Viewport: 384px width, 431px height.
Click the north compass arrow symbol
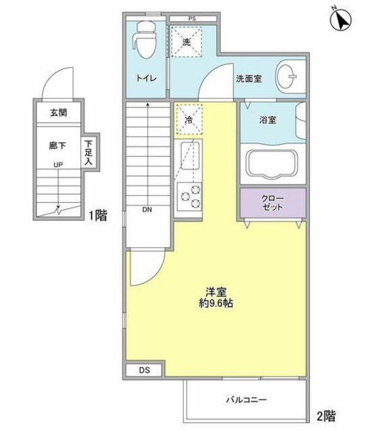tap(341, 20)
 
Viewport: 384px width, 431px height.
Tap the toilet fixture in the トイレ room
tap(144, 40)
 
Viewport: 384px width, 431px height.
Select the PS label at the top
tap(192, 19)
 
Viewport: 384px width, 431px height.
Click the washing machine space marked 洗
tap(187, 42)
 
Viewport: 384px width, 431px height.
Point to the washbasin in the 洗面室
tap(286, 77)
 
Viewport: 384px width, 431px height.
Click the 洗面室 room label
tap(249, 79)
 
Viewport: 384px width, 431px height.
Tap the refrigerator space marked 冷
tap(189, 120)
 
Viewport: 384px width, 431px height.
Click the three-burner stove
tap(189, 197)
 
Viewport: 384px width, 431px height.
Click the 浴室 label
tap(267, 120)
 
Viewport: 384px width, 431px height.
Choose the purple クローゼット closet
tap(273, 203)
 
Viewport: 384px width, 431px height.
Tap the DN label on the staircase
tap(147, 209)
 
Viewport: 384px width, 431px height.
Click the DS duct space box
tap(144, 370)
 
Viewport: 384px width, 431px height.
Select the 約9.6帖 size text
tap(216, 303)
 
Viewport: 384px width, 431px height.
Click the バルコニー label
tap(247, 399)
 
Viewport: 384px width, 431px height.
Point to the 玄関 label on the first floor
tap(59, 112)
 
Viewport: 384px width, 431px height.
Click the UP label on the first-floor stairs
tap(58, 164)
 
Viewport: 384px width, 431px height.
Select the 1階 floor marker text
tap(98, 215)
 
